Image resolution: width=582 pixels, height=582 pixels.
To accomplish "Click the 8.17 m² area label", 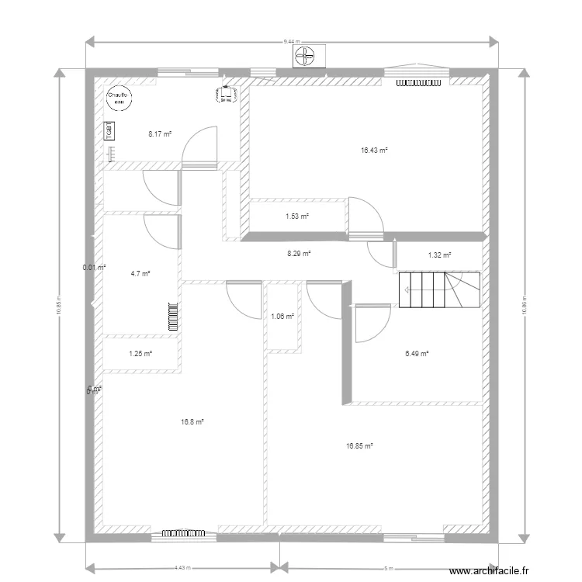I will point(159,133).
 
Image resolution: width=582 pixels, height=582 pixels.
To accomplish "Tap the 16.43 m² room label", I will point(374,151).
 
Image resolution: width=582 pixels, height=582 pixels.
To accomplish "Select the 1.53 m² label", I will point(297,217).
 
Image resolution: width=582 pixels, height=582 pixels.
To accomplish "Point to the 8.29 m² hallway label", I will point(299,253).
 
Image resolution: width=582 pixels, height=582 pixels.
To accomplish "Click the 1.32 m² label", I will point(439,255).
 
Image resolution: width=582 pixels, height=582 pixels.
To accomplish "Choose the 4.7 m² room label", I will point(140,273).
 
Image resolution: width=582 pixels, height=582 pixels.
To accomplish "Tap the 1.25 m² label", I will point(140,354).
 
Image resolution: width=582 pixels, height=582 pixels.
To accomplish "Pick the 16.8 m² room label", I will point(192,422).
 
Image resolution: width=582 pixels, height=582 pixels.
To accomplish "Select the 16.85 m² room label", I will point(359,445).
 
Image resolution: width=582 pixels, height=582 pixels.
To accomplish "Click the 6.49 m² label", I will point(417,354).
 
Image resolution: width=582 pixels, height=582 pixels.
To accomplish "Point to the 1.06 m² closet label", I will point(282,316).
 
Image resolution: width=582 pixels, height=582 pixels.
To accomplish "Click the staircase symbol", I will point(438,289).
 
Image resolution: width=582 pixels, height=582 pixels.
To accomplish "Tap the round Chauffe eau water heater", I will point(119,96).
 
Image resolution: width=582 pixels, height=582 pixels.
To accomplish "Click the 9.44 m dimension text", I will point(292,40).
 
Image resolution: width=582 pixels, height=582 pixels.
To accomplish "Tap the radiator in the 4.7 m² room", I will point(172,317).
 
